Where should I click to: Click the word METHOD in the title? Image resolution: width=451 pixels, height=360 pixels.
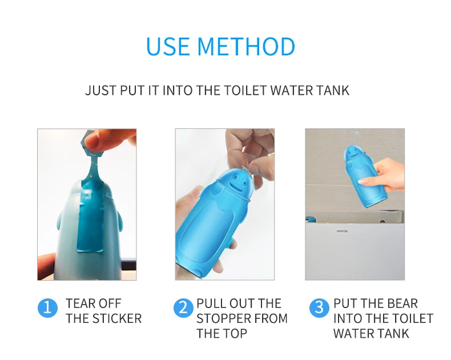pyautogui.click(x=246, y=46)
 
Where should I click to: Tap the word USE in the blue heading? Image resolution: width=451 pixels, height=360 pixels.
pyautogui.click(x=168, y=46)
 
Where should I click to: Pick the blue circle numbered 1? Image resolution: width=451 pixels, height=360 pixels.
pyautogui.click(x=47, y=308)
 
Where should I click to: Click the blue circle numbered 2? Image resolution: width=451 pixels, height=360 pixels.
pyautogui.click(x=183, y=308)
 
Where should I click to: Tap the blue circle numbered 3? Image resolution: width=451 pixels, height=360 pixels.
pyautogui.click(x=319, y=308)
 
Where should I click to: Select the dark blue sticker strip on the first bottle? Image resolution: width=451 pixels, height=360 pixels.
pyautogui.click(x=90, y=216)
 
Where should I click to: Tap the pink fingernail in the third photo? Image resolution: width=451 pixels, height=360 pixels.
pyautogui.click(x=364, y=181)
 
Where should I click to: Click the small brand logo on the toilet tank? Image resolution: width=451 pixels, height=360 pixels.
pyautogui.click(x=342, y=231)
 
